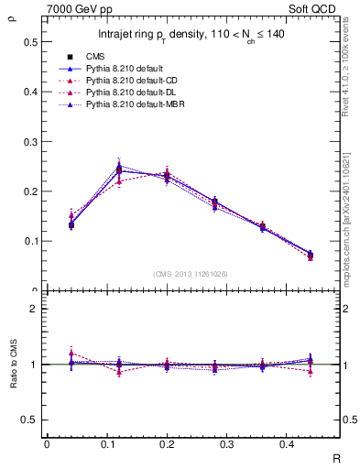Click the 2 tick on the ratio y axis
34,309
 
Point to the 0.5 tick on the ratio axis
30,420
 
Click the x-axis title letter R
337,457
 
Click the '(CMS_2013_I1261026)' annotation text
191,275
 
